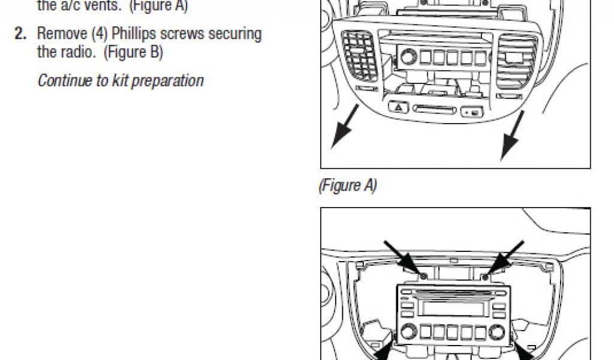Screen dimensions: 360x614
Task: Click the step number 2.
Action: point(20,34)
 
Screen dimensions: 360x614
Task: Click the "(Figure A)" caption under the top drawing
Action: point(347,186)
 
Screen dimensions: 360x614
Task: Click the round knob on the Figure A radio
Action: point(409,57)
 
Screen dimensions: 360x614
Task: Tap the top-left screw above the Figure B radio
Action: point(422,275)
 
